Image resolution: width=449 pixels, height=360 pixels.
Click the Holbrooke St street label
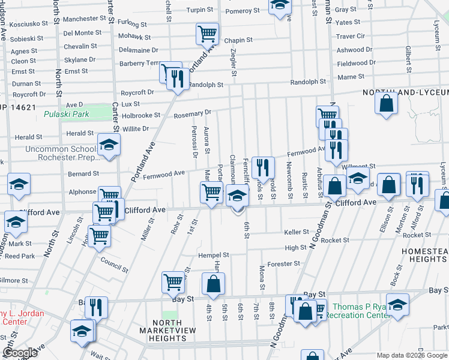tap(141, 115)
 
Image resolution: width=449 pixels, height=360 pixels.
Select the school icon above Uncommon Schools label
tap(109, 145)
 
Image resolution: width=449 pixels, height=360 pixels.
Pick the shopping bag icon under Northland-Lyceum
tap(386, 102)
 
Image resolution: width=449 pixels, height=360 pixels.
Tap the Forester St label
tap(284, 263)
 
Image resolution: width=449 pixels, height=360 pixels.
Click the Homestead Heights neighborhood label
tap(423, 254)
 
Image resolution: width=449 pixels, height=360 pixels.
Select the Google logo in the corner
tap(20, 353)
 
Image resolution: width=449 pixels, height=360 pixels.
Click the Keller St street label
tap(296, 232)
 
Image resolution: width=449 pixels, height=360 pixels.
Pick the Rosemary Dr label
tap(192, 112)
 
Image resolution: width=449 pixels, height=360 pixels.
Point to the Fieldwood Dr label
tap(356, 63)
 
